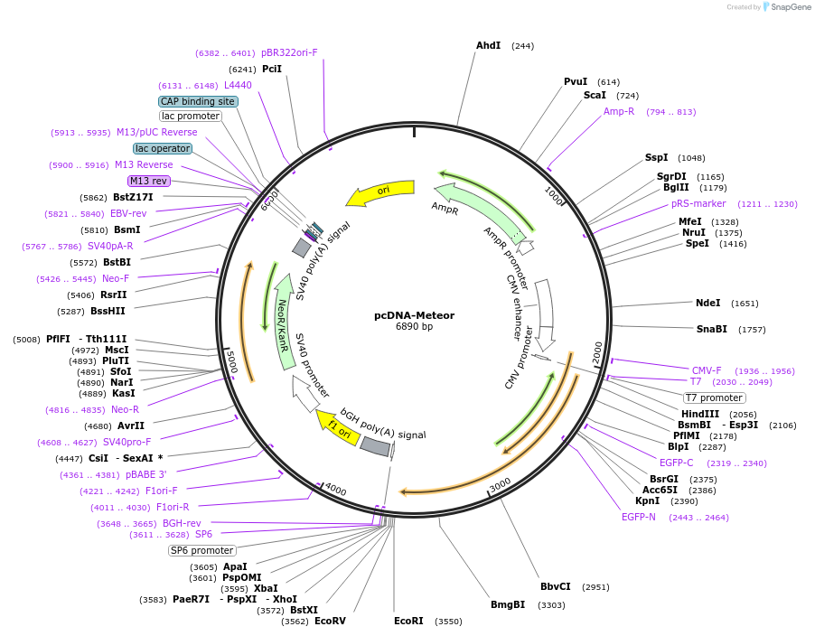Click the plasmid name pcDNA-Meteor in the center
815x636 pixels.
click(x=414, y=315)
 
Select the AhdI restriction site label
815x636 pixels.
click(x=488, y=46)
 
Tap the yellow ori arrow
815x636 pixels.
click(x=381, y=192)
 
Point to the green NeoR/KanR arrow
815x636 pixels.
click(x=283, y=323)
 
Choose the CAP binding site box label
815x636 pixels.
click(x=198, y=101)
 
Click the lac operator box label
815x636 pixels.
click(x=163, y=148)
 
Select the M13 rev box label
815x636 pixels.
click(x=149, y=181)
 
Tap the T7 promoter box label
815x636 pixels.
click(x=714, y=397)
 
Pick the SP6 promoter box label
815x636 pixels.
click(x=202, y=550)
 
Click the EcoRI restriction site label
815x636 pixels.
click(x=408, y=621)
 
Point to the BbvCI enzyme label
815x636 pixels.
click(x=555, y=586)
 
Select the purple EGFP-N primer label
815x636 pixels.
click(x=638, y=517)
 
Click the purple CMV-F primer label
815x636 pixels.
click(x=707, y=370)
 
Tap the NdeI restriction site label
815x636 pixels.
click(x=707, y=303)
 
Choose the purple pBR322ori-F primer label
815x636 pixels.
click(x=289, y=52)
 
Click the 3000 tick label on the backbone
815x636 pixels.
click(x=500, y=485)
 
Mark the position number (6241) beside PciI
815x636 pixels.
click(x=242, y=70)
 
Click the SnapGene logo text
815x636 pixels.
click(x=791, y=6)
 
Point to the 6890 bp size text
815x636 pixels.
click(x=414, y=326)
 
